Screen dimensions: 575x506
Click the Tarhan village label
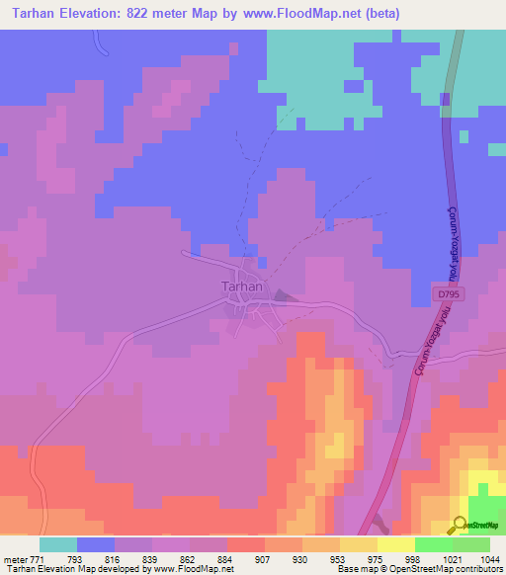242,287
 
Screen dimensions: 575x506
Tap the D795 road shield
449,294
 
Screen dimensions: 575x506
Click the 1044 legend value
488,559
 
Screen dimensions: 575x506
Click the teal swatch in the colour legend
58,544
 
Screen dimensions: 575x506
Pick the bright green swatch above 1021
434,544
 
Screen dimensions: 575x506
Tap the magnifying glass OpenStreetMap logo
460,524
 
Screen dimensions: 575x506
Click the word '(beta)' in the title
380,14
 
